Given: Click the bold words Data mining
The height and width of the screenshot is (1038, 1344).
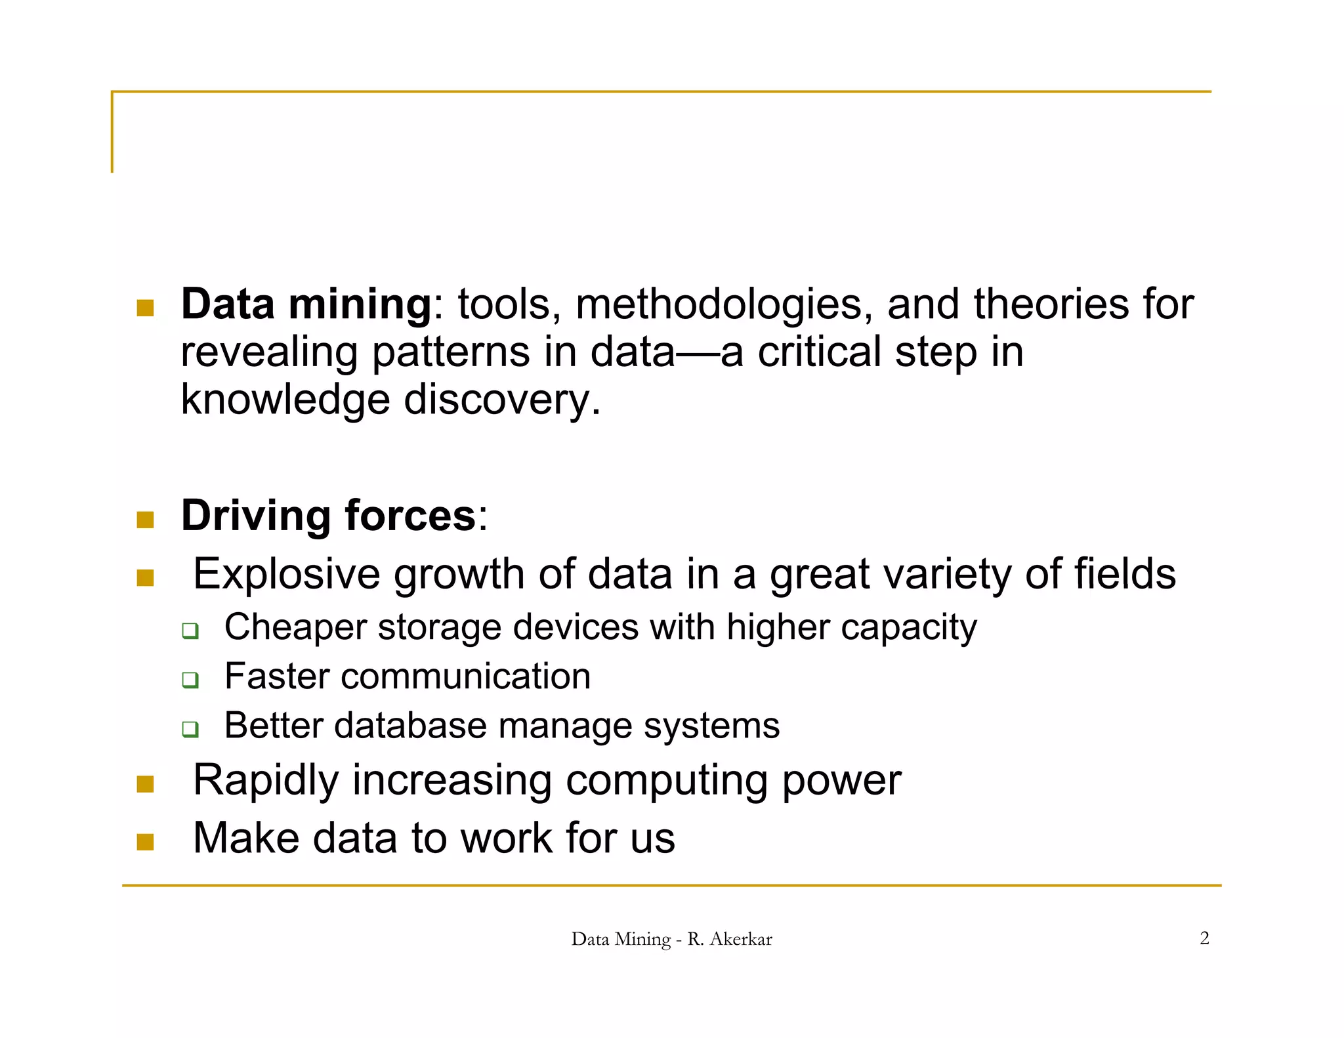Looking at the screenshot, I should pyautogui.click(x=306, y=305).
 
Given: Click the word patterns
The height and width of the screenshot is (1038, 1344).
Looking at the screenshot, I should pyautogui.click(x=451, y=352).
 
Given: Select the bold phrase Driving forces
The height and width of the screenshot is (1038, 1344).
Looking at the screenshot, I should pyautogui.click(x=328, y=516).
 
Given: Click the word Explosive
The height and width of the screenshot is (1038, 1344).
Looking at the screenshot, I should pyautogui.click(x=287, y=574).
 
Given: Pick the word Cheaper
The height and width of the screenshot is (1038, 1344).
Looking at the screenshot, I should pyautogui.click(x=295, y=627).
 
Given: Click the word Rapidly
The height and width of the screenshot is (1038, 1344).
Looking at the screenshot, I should pyautogui.click(x=266, y=781).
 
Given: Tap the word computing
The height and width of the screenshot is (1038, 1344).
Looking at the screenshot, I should pyautogui.click(x=666, y=781).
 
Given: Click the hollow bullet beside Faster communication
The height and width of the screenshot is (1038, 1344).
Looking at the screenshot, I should pyautogui.click(x=190, y=680).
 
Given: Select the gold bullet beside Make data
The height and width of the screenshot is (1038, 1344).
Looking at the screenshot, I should pyautogui.click(x=145, y=842).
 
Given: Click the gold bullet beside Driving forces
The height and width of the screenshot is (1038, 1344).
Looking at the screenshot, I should pyautogui.click(x=145, y=520).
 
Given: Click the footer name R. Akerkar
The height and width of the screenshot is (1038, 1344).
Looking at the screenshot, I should pyautogui.click(x=729, y=939).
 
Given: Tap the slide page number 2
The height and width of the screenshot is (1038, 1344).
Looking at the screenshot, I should pyautogui.click(x=1204, y=938).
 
